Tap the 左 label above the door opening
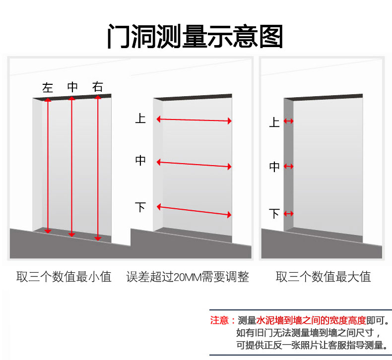pyautogui.click(x=48, y=88)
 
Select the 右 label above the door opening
pyautogui.click(x=98, y=87)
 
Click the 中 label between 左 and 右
pyautogui.click(x=72, y=87)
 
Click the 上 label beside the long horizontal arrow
pyautogui.click(x=140, y=119)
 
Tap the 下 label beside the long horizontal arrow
pyautogui.click(x=140, y=207)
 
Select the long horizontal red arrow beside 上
pyautogui.click(x=194, y=120)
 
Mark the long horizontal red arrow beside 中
pyautogui.click(x=194, y=164)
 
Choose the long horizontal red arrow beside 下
pyautogui.click(x=194, y=210)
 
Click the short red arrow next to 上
pyautogui.click(x=288, y=121)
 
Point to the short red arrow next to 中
pyautogui.click(x=288, y=167)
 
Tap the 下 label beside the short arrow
pyautogui.click(x=274, y=214)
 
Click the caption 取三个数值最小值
pyautogui.click(x=64, y=277)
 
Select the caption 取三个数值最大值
pyautogui.click(x=323, y=277)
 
